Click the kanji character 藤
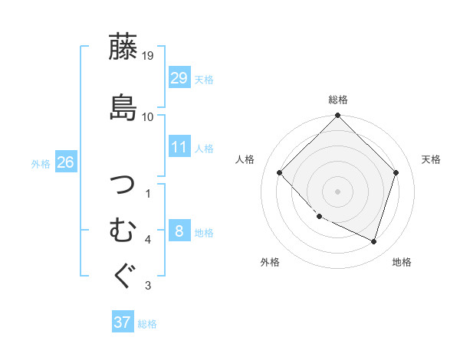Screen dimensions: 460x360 123,47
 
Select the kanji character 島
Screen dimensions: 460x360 123,106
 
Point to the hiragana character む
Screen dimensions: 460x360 123,230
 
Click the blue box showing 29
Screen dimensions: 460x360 179,78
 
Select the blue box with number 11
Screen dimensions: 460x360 179,147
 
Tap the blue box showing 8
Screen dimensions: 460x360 179,231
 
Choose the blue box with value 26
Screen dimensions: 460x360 65,162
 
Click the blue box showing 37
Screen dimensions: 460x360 123,322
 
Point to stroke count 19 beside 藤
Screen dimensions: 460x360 148,56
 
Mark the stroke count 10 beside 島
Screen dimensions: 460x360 148,117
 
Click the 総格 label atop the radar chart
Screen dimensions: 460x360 338,100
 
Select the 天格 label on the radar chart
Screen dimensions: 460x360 431,159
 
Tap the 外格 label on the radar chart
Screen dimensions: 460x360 270,262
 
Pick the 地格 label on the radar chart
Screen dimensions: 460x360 402,262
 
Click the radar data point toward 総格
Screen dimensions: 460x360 338,116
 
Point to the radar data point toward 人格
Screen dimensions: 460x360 280,172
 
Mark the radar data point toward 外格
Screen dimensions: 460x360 319,217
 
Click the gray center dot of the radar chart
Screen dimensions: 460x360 338,191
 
